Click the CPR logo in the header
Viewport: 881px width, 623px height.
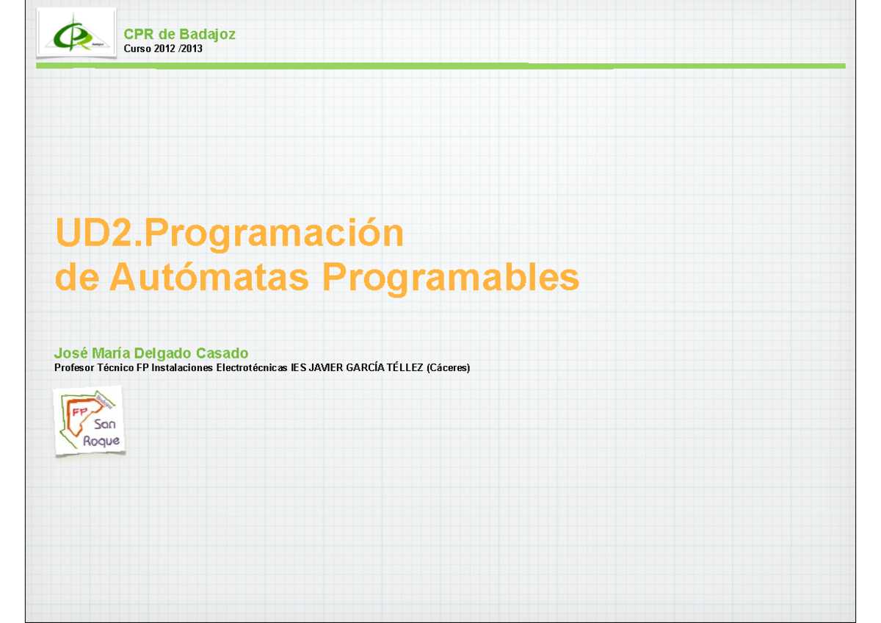tap(76, 34)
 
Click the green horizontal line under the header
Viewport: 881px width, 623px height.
tap(440, 66)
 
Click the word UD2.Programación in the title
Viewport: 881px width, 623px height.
tap(229, 234)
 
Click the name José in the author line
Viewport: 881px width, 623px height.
tap(69, 354)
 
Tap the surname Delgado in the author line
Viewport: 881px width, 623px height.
tap(163, 354)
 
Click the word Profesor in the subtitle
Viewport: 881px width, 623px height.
tap(75, 367)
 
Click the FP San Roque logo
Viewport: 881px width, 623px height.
tap(88, 421)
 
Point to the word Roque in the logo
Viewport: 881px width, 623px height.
tap(106, 441)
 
